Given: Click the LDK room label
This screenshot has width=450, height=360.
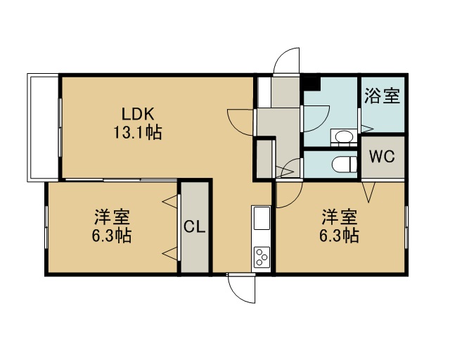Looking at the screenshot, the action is pyautogui.click(x=138, y=114).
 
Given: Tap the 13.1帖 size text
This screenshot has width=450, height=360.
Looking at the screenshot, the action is pyautogui.click(x=138, y=132).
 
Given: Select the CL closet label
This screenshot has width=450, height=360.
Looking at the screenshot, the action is pyautogui.click(x=195, y=227).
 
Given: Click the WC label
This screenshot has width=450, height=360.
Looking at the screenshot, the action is pyautogui.click(x=382, y=156).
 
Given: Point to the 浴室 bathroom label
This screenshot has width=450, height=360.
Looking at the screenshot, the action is pyautogui.click(x=382, y=96).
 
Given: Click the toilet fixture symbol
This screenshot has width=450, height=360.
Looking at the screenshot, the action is pyautogui.click(x=344, y=165).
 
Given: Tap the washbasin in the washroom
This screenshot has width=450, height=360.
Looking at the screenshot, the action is pyautogui.click(x=344, y=137).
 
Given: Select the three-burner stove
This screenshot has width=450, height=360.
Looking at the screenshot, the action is pyautogui.click(x=262, y=257).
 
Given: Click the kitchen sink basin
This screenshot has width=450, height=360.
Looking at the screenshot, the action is pyautogui.click(x=262, y=218).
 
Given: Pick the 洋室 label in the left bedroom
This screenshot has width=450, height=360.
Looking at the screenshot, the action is pyautogui.click(x=112, y=217).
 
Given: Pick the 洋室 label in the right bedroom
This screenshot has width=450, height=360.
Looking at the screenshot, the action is pyautogui.click(x=340, y=217).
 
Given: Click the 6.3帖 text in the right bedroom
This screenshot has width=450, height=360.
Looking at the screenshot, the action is pyautogui.click(x=339, y=236).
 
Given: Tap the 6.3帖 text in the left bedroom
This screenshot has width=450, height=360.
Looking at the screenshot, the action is pyautogui.click(x=112, y=236).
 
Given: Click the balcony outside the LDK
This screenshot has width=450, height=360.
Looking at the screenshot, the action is pyautogui.click(x=43, y=128).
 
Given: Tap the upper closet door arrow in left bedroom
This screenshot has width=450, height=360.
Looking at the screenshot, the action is pyautogui.click(x=170, y=201).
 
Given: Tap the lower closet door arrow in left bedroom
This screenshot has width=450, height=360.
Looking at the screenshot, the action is pyautogui.click(x=170, y=254).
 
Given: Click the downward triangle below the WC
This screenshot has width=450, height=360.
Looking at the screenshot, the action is pyautogui.click(x=368, y=191).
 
